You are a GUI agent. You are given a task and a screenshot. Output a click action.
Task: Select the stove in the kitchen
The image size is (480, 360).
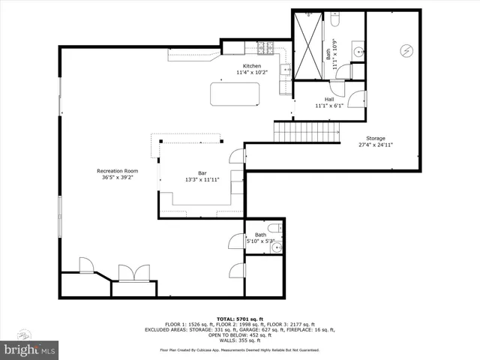pyautogui.click(x=265, y=49)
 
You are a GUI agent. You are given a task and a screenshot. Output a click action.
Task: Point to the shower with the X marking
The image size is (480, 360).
pyautogui.click(x=307, y=44)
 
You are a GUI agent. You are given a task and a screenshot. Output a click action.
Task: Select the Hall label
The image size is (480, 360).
pyautogui.click(x=328, y=99)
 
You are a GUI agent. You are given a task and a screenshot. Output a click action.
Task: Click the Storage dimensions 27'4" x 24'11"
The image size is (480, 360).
pyautogui.click(x=376, y=145)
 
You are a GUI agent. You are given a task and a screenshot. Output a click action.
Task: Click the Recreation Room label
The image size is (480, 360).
pyautogui.click(x=118, y=172)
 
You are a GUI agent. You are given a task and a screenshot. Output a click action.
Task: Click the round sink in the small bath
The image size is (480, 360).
pyautogui.click(x=276, y=246)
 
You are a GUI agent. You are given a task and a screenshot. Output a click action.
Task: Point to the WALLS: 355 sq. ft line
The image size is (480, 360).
pyautogui.click(x=240, y=340)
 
